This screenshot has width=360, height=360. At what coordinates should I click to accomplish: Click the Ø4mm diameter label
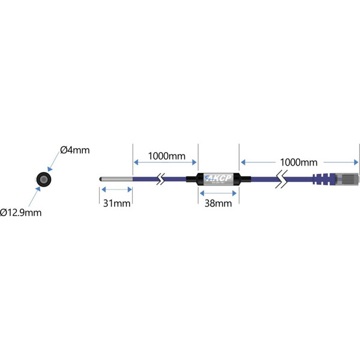[74, 151]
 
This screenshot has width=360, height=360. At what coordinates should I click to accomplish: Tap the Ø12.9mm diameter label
[21, 212]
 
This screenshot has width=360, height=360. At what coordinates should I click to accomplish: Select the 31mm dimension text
[116, 203]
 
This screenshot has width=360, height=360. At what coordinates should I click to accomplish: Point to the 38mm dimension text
[218, 203]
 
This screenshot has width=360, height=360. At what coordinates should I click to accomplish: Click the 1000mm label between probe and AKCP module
[166, 155]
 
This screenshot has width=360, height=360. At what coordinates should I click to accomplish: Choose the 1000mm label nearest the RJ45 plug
[298, 163]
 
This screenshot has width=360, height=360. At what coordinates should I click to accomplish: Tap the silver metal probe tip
[115, 179]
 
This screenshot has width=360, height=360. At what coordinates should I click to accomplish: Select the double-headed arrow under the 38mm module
[218, 193]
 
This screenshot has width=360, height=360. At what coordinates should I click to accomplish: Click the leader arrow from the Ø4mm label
[55, 163]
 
